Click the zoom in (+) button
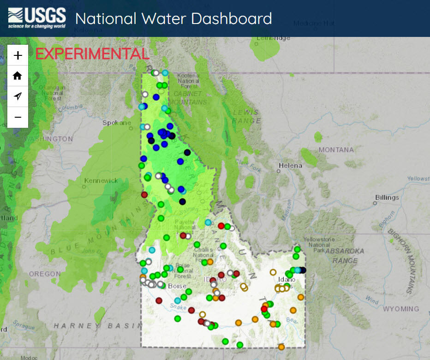[18, 55]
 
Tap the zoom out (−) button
[18, 117]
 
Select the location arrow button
[18, 96]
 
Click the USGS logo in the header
[37, 18]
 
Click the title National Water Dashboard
[173, 18]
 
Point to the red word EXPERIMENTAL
[92, 54]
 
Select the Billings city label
[387, 198]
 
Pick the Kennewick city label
[101, 180]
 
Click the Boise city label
[177, 286]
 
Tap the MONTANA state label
[336, 150]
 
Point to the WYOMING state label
[400, 309]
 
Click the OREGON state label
[45, 274]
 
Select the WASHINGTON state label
[49, 139]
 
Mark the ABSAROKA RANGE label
[345, 256]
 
